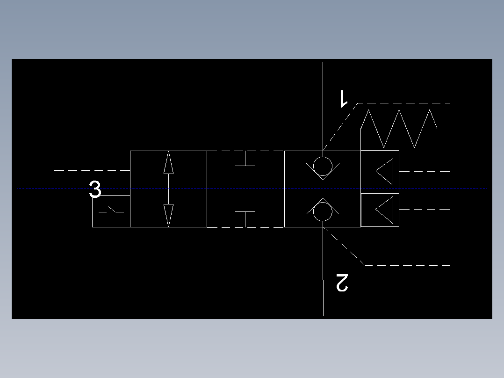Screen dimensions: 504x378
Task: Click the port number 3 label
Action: click(x=95, y=189)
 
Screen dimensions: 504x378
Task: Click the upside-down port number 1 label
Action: click(x=344, y=99)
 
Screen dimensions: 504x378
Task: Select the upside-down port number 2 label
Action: click(x=342, y=283)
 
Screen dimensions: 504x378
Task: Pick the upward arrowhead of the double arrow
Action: click(x=168, y=163)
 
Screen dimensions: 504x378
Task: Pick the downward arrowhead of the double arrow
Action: click(x=168, y=215)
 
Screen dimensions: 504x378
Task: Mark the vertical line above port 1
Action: click(x=323, y=106)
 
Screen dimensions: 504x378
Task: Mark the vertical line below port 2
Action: click(x=323, y=271)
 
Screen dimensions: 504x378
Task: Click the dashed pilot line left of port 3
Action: click(x=92, y=170)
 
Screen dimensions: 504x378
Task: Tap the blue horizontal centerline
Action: click(x=252, y=189)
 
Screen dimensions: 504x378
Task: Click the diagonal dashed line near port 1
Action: click(x=340, y=127)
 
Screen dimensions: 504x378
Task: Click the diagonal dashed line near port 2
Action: click(x=344, y=246)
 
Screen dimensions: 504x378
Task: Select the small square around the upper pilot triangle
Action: click(x=380, y=151)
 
